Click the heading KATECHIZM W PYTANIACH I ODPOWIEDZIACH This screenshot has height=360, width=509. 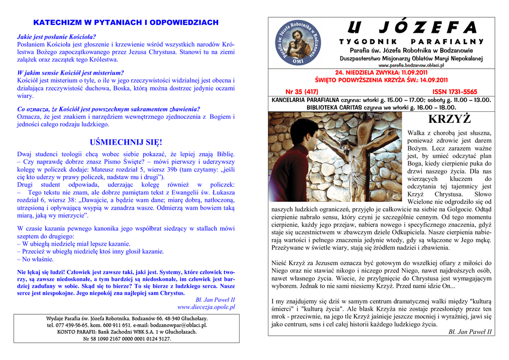pyautogui.click(x=126, y=23)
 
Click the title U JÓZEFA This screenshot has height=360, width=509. pyautogui.click(x=412, y=27)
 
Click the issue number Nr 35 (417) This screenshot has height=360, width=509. pyautogui.click(x=302, y=91)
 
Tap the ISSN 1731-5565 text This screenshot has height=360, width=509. pyautogui.click(x=454, y=91)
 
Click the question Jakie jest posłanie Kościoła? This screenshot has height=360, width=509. pyautogui.click(x=57, y=37)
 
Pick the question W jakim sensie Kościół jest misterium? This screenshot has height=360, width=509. pyautogui.click(x=71, y=73)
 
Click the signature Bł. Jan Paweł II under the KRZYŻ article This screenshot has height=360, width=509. pyautogui.click(x=470, y=332)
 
